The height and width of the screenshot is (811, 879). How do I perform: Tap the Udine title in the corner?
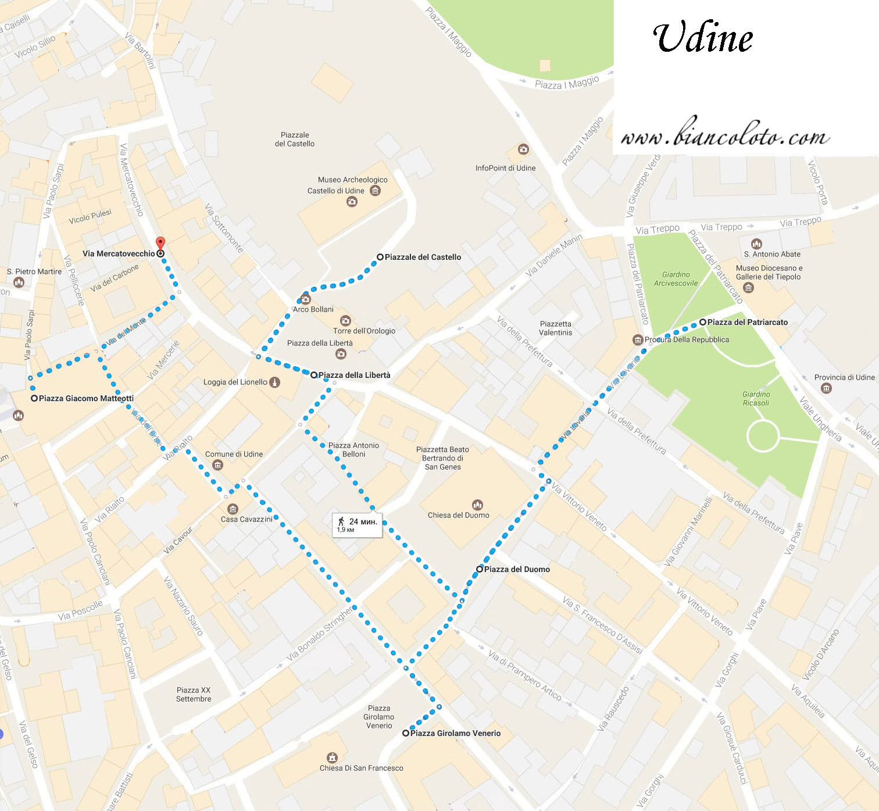703,38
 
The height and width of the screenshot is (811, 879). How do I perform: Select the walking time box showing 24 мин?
357,524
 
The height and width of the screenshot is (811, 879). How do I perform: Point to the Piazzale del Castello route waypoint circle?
380,257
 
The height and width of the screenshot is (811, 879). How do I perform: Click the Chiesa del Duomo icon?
477,505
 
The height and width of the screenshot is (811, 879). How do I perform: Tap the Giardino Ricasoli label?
756,399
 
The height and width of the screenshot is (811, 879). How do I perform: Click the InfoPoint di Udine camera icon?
523,149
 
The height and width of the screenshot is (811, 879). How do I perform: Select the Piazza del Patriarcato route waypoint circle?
703,321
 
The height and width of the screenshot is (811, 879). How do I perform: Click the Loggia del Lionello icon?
275,382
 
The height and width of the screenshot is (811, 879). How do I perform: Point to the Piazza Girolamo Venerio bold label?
455,733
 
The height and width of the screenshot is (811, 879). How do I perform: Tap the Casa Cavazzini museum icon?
233,509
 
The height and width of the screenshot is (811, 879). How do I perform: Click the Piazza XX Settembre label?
194,694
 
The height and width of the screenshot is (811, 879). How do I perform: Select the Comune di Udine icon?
217,465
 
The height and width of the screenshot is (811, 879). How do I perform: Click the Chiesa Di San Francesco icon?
332,757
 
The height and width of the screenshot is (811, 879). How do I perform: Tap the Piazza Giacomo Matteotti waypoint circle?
34,398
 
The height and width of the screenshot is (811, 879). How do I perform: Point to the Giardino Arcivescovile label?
676,279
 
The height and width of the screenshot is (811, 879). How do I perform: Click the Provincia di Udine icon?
826,388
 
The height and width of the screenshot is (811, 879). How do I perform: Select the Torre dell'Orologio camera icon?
345,320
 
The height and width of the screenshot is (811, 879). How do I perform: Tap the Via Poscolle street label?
80,610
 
